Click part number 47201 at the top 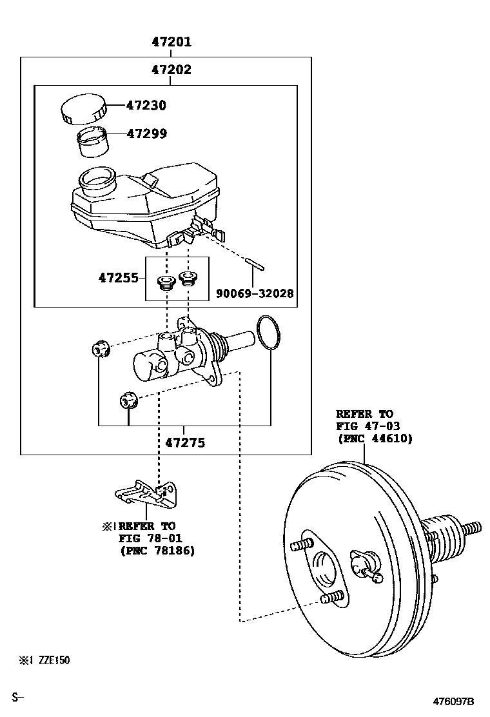(171, 42)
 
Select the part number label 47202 (171, 70)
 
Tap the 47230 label (146, 105)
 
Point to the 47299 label (146, 133)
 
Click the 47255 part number (118, 278)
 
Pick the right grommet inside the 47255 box (188, 279)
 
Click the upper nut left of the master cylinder (99, 349)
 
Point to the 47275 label (185, 442)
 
